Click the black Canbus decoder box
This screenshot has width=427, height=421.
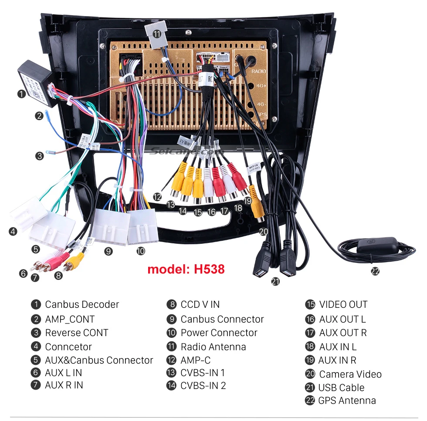(x=35, y=82)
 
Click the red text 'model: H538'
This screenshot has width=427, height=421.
(x=186, y=269)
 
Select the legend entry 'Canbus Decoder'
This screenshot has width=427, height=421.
(x=81, y=304)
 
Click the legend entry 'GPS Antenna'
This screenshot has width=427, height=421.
(x=347, y=401)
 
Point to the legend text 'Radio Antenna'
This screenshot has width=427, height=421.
(x=213, y=347)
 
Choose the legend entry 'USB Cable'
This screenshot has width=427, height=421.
(x=341, y=387)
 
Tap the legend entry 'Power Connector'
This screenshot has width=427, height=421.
(x=219, y=333)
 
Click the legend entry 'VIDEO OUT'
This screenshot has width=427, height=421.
(x=343, y=304)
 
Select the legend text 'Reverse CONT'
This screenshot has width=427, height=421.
(x=76, y=333)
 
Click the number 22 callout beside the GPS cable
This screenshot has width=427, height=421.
(x=375, y=271)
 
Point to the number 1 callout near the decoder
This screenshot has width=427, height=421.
(x=21, y=94)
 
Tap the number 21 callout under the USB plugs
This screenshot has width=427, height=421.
(x=275, y=281)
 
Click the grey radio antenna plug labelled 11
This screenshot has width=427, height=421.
(x=157, y=33)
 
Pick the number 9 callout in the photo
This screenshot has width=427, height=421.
(x=108, y=251)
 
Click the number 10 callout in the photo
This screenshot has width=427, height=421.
(x=140, y=251)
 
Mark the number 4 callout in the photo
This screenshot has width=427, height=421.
(x=13, y=232)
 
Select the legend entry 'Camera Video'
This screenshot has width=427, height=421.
(x=350, y=374)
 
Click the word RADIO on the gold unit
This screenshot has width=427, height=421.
(x=258, y=71)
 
